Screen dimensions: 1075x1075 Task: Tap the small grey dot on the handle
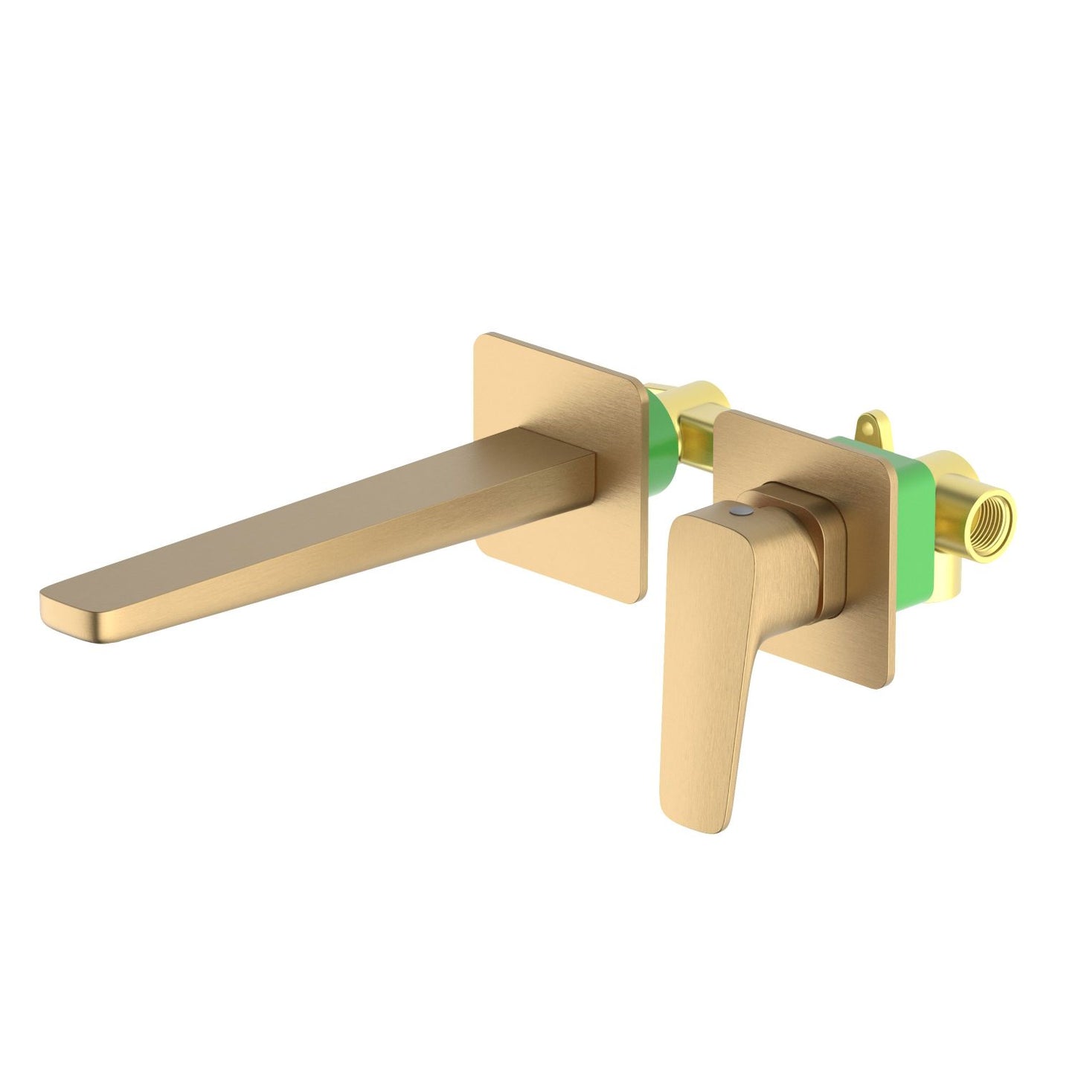pos(736,514)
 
